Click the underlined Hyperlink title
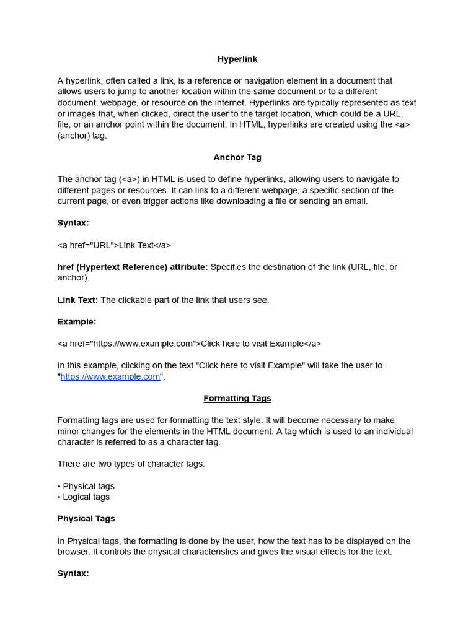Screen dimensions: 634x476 point(237,59)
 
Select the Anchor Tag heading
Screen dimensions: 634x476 point(237,158)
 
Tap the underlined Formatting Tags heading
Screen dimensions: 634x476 point(237,399)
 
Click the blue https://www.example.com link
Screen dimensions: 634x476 point(110,377)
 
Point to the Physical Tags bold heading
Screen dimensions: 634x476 point(86,519)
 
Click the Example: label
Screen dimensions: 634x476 point(77,322)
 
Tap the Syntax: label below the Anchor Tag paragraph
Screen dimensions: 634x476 point(73,223)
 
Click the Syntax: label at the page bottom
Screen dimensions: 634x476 point(73,574)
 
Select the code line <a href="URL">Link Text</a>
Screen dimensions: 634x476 point(114,245)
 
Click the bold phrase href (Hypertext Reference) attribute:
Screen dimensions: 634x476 point(133,267)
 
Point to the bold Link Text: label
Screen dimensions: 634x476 point(77,300)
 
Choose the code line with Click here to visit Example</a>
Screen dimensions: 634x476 point(189,344)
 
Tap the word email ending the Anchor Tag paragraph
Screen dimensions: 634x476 point(355,201)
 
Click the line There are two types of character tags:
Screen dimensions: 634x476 point(131,464)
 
